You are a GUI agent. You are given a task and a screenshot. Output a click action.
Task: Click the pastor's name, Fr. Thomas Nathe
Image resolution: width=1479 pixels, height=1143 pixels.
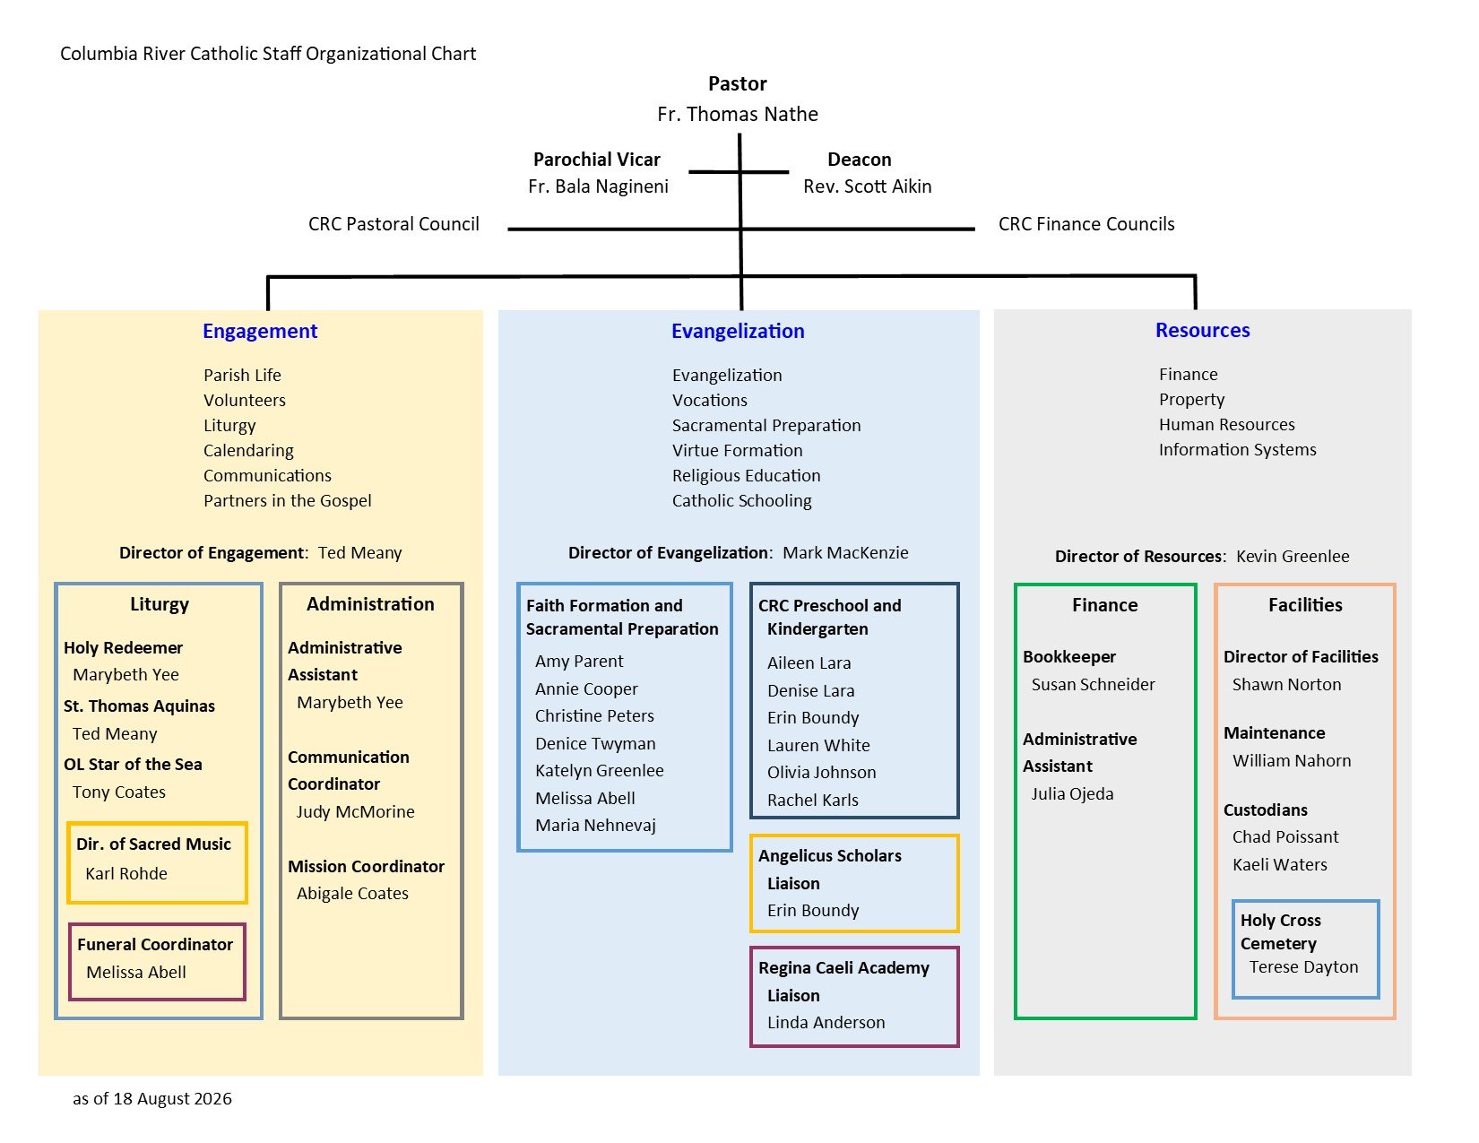pyautogui.click(x=737, y=114)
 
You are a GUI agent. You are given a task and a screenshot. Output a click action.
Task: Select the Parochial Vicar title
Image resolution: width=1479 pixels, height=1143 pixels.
pyautogui.click(x=596, y=160)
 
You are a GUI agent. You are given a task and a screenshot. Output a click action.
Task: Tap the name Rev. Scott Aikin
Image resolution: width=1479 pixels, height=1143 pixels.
pyautogui.click(x=867, y=186)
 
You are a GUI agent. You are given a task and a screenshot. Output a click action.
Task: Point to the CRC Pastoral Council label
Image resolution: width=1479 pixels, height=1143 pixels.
pyautogui.click(x=394, y=224)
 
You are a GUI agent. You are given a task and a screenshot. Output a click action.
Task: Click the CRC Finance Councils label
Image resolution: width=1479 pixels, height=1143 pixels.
pyautogui.click(x=1086, y=224)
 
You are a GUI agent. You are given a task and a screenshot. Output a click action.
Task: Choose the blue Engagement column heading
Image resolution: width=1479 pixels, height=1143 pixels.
pyautogui.click(x=260, y=331)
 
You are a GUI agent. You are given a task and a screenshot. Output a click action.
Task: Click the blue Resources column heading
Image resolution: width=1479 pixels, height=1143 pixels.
pyautogui.click(x=1203, y=330)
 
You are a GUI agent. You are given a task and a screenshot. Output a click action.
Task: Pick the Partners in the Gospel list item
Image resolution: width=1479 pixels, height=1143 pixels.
pyautogui.click(x=287, y=500)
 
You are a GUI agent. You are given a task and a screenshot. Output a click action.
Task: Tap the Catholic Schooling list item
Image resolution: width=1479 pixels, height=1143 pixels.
pyautogui.click(x=742, y=500)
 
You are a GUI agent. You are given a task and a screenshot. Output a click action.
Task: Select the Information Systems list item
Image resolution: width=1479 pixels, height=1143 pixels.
pyautogui.click(x=1237, y=449)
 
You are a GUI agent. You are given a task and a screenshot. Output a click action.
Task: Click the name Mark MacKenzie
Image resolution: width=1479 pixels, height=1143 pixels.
pyautogui.click(x=845, y=552)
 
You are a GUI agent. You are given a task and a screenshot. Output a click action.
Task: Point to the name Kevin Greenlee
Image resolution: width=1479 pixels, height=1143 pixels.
pyautogui.click(x=1293, y=556)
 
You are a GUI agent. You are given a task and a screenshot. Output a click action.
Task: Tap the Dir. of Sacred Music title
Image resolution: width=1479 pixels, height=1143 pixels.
pyautogui.click(x=154, y=844)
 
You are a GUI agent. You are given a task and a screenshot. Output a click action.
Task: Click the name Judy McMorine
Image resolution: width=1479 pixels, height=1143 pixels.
pyautogui.click(x=355, y=811)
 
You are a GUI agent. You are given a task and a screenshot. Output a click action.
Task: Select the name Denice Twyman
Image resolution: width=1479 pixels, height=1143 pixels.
pyautogui.click(x=595, y=743)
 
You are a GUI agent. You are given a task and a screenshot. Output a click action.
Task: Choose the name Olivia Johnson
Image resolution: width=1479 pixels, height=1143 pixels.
pyautogui.click(x=821, y=772)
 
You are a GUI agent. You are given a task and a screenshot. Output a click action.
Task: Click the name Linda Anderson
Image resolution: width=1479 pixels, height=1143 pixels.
pyautogui.click(x=826, y=1023)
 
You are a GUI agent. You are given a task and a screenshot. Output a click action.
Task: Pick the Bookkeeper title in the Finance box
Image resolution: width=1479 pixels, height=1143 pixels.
pyautogui.click(x=1069, y=657)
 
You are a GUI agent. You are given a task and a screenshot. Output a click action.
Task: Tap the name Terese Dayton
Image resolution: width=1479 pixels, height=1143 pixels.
pyautogui.click(x=1303, y=966)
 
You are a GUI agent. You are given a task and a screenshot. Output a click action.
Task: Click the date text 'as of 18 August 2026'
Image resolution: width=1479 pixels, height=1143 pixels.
pyautogui.click(x=152, y=1099)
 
